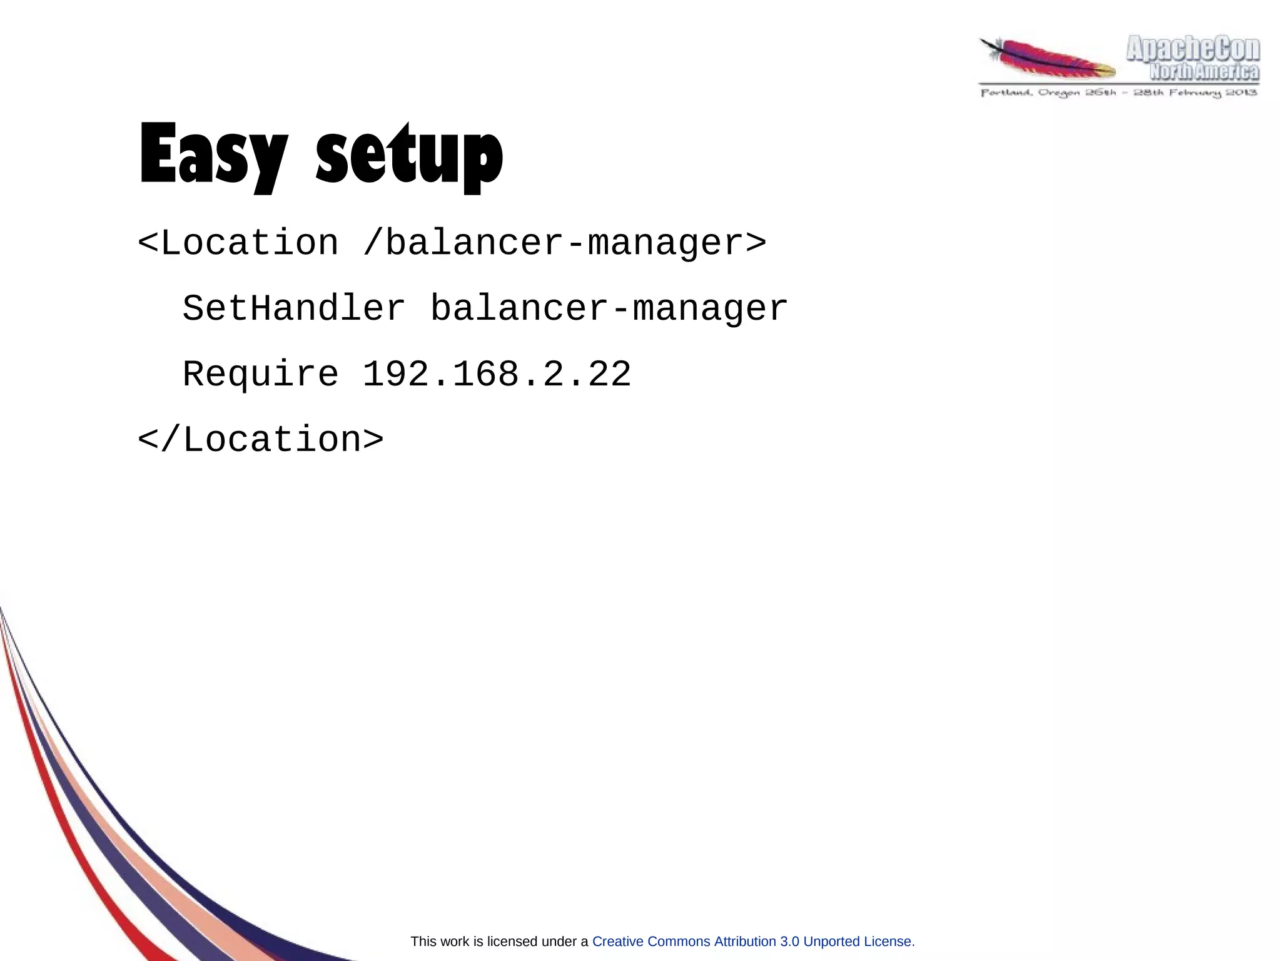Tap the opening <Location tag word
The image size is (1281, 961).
pos(238,243)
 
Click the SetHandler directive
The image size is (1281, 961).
pos(293,308)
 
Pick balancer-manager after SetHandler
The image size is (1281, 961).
pos(609,308)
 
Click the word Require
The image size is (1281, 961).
pos(260,374)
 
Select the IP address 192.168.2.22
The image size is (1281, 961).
pos(497,374)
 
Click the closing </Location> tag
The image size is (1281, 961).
pos(260,439)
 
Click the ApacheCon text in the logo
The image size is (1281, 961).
pos(1193,49)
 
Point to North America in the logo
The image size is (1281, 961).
pos(1204,72)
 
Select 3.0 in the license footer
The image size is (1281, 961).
pos(789,941)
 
